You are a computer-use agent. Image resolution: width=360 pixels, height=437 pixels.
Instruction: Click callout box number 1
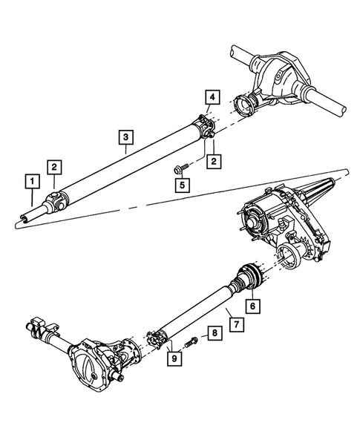point(32,180)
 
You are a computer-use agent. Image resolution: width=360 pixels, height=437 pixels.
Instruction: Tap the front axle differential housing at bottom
point(96,367)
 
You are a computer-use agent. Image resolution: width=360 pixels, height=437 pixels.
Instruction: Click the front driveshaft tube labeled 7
point(197,309)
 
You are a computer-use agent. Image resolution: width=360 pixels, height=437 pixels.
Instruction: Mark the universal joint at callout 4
point(206,126)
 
